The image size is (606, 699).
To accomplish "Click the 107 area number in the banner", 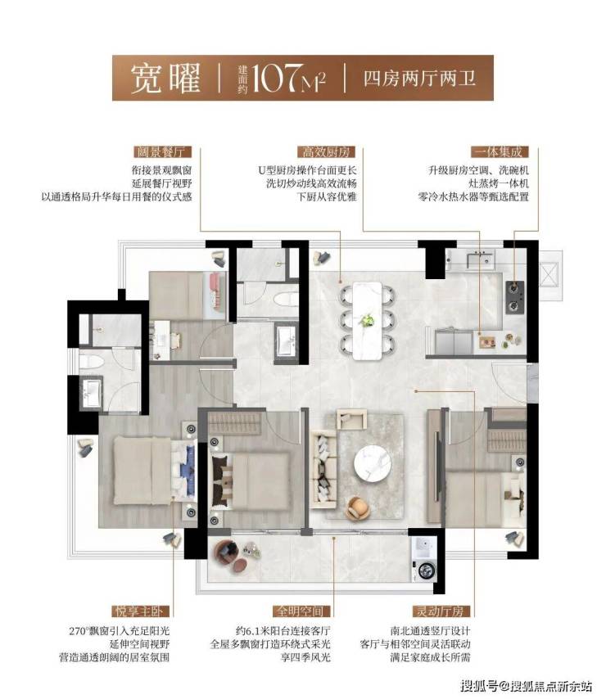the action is coord(276,78).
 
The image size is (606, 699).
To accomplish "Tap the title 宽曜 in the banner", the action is coord(165,78).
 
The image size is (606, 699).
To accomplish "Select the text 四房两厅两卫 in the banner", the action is coord(419,79).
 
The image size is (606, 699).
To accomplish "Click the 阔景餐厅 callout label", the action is coord(162,152).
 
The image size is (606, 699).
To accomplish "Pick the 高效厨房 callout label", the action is coord(326,152).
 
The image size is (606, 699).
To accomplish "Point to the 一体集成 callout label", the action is coord(500,152).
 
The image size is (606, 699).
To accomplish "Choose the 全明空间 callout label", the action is coord(301,611).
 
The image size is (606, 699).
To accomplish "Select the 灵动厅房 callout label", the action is coord(441,611).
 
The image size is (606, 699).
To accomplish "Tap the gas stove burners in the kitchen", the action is coord(514,297).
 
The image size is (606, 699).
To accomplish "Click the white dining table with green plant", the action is coord(367,321).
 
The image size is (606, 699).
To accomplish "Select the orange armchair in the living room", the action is coord(359,508).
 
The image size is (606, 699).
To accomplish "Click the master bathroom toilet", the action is coord(92,361).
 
